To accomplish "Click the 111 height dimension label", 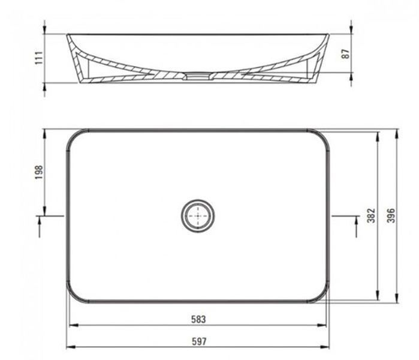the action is (39, 57).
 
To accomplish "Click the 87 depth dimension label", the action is (346, 53).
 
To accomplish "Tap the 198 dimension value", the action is (39, 172).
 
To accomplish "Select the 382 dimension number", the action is (371, 215).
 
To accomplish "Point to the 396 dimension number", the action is (391, 215).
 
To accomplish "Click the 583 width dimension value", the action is (198, 319).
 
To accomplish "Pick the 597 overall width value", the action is (199, 341).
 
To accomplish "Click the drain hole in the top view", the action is (198, 215).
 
